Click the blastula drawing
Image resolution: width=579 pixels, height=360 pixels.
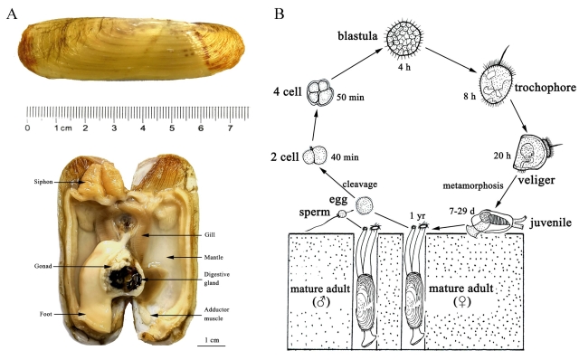click(x=404, y=39)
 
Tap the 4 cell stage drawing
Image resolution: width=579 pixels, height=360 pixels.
click(x=319, y=92)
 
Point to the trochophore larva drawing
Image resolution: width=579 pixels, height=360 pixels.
click(x=497, y=83)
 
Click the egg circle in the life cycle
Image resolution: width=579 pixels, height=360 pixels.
click(x=365, y=205)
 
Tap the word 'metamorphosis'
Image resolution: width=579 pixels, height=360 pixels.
click(x=473, y=185)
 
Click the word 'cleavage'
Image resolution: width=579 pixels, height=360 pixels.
click(x=360, y=185)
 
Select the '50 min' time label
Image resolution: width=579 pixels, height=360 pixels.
click(x=350, y=98)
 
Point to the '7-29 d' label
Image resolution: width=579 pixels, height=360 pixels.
click(x=461, y=212)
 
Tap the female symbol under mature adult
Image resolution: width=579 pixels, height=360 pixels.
click(x=461, y=302)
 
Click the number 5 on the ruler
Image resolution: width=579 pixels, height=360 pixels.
click(x=172, y=128)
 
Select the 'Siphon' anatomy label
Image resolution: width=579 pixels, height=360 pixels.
click(x=43, y=182)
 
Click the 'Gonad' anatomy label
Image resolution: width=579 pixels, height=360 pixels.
click(x=43, y=266)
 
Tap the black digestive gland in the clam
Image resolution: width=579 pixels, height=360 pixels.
click(x=125, y=278)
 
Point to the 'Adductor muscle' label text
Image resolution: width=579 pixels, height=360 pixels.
click(x=217, y=314)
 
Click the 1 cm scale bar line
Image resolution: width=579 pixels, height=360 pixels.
click(x=211, y=346)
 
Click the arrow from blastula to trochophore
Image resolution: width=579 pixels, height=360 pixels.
click(x=451, y=60)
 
